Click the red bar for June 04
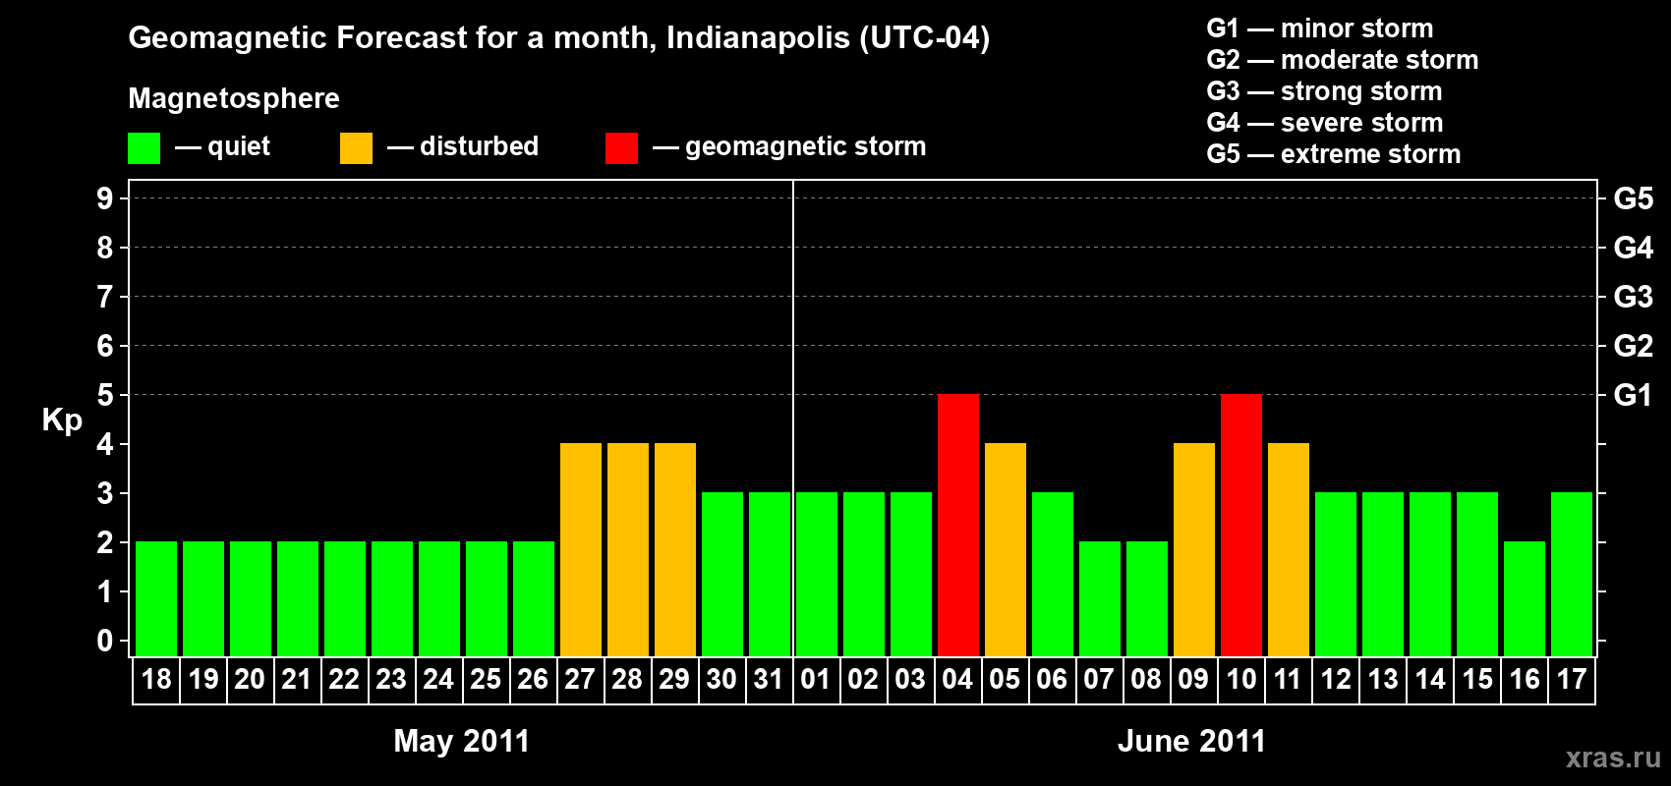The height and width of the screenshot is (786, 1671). coord(957,525)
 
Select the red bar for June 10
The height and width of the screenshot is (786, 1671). coord(1240,525)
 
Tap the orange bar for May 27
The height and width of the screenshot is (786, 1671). coord(580,549)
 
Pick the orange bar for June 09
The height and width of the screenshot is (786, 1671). coord(1193,549)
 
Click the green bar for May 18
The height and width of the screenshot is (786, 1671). coord(155,598)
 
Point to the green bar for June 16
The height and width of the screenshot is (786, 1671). coord(1524,598)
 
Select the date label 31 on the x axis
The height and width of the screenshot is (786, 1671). coord(769,680)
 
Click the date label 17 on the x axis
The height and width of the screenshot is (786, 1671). coord(1571,680)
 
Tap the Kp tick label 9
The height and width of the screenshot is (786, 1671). coord(105,198)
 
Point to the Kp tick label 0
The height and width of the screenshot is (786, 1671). coord(105,641)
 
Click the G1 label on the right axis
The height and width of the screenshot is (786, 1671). coord(1633,395)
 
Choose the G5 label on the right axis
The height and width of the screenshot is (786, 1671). coord(1633,198)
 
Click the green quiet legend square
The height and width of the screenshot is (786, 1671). coord(144,148)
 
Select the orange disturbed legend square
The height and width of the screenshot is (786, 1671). coord(356,148)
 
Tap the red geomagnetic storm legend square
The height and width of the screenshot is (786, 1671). coord(621,148)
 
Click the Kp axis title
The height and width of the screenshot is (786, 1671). coord(62,421)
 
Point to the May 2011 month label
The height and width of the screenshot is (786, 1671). coord(461,741)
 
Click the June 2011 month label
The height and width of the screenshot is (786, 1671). coord(1191,741)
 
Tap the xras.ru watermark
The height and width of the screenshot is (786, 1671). coord(1613,758)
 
